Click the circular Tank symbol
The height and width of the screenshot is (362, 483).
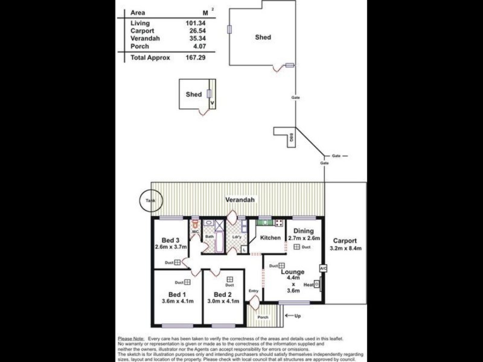149,201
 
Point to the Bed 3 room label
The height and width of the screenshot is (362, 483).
166,241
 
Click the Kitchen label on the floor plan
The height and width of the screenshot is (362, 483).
270,238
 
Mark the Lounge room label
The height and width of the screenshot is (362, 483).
292,272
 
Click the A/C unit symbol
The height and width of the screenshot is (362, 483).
322,268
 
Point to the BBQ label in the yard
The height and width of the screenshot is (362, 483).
291,138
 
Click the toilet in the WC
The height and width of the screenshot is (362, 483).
195,224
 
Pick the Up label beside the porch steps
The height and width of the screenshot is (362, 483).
297,316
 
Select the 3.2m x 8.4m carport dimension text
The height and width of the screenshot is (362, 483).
345,247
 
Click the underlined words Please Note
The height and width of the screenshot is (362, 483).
131,338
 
